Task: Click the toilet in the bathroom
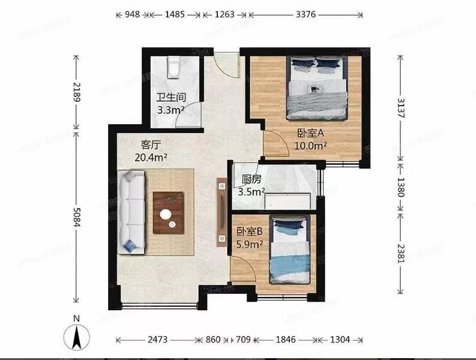pos(173,68)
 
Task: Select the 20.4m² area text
pos(151,157)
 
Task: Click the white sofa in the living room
pos(132,210)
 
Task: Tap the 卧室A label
pos(311,134)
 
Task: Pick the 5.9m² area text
pos(249,244)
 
